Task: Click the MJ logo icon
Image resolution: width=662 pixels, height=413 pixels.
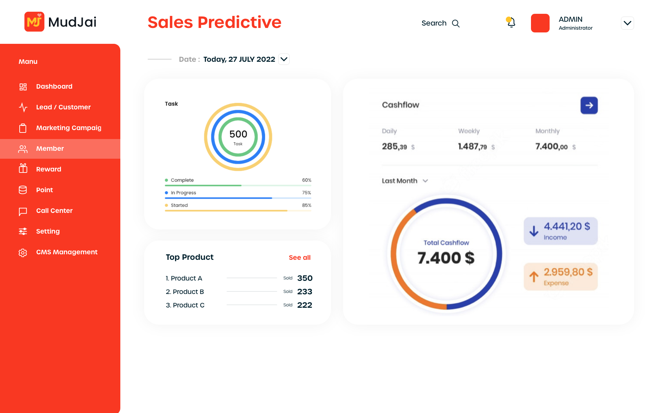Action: tap(34, 22)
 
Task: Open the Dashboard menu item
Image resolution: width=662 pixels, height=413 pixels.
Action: tap(54, 87)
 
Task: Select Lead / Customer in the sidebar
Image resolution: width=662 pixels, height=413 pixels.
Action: tap(63, 107)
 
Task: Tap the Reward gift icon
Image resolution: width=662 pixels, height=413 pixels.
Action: tap(23, 168)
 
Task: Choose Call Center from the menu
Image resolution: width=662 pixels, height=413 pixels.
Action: tap(54, 211)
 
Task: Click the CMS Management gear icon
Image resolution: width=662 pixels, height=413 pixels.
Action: tap(23, 253)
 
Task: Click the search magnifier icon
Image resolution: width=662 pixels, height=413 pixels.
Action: tap(456, 23)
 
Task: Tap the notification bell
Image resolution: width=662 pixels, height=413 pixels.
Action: tap(511, 22)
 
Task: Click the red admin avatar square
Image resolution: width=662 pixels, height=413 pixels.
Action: tap(540, 23)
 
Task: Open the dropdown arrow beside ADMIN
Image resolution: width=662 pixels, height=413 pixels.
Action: tap(628, 23)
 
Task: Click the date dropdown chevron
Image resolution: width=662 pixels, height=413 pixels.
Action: tap(284, 59)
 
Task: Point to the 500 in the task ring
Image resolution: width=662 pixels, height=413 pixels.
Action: tap(238, 134)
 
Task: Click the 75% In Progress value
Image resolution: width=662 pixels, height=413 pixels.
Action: tap(307, 193)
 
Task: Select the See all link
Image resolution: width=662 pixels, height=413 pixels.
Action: tap(300, 258)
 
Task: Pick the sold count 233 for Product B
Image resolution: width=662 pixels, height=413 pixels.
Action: tap(305, 292)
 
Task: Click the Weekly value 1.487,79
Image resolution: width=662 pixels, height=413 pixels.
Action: tap(472, 147)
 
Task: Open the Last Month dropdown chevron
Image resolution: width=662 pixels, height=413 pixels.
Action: tap(425, 181)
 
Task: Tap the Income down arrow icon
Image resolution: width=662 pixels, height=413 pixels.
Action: tap(534, 231)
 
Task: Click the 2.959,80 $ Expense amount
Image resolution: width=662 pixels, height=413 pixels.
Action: tap(568, 272)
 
